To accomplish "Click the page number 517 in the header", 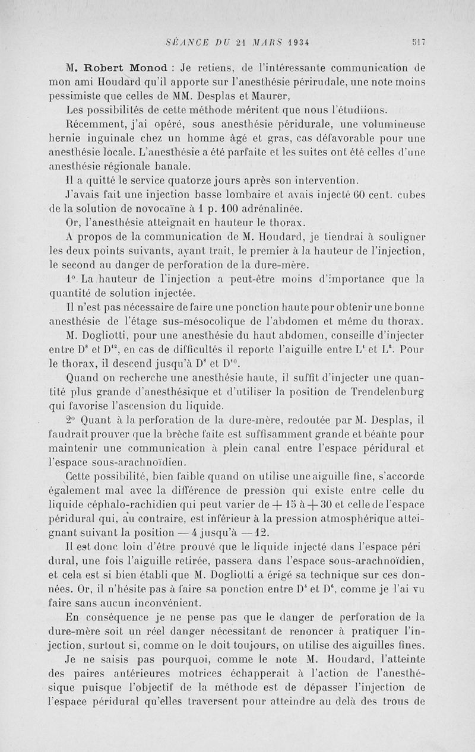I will tap(419, 42).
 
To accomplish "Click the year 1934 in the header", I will tap(300, 42).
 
